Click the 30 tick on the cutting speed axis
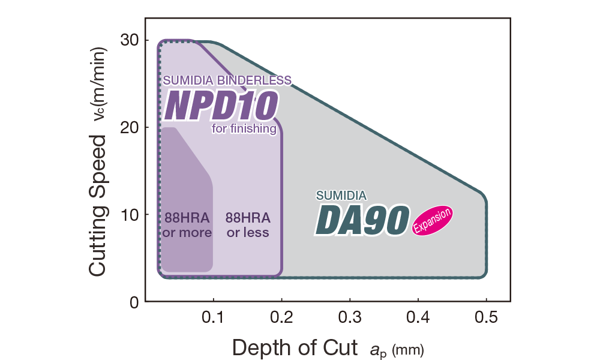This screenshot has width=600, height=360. [131, 40]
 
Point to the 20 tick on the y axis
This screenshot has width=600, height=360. [131, 127]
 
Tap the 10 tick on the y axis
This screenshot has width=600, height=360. [131, 214]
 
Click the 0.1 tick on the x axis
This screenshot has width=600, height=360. [212, 316]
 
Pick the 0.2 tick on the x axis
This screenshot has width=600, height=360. [281, 316]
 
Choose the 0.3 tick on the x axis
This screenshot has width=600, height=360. [349, 316]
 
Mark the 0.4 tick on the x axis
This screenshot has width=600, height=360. [418, 316]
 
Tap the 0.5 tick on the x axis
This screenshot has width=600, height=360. [486, 316]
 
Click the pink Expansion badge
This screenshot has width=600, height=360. [432, 221]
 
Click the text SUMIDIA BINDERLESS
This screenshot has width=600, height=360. [227, 80]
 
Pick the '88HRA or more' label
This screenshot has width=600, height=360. [187, 224]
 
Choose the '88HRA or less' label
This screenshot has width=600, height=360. [248, 224]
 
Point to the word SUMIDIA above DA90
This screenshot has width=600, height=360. [341, 195]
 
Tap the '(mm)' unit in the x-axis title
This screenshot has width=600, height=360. [408, 350]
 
